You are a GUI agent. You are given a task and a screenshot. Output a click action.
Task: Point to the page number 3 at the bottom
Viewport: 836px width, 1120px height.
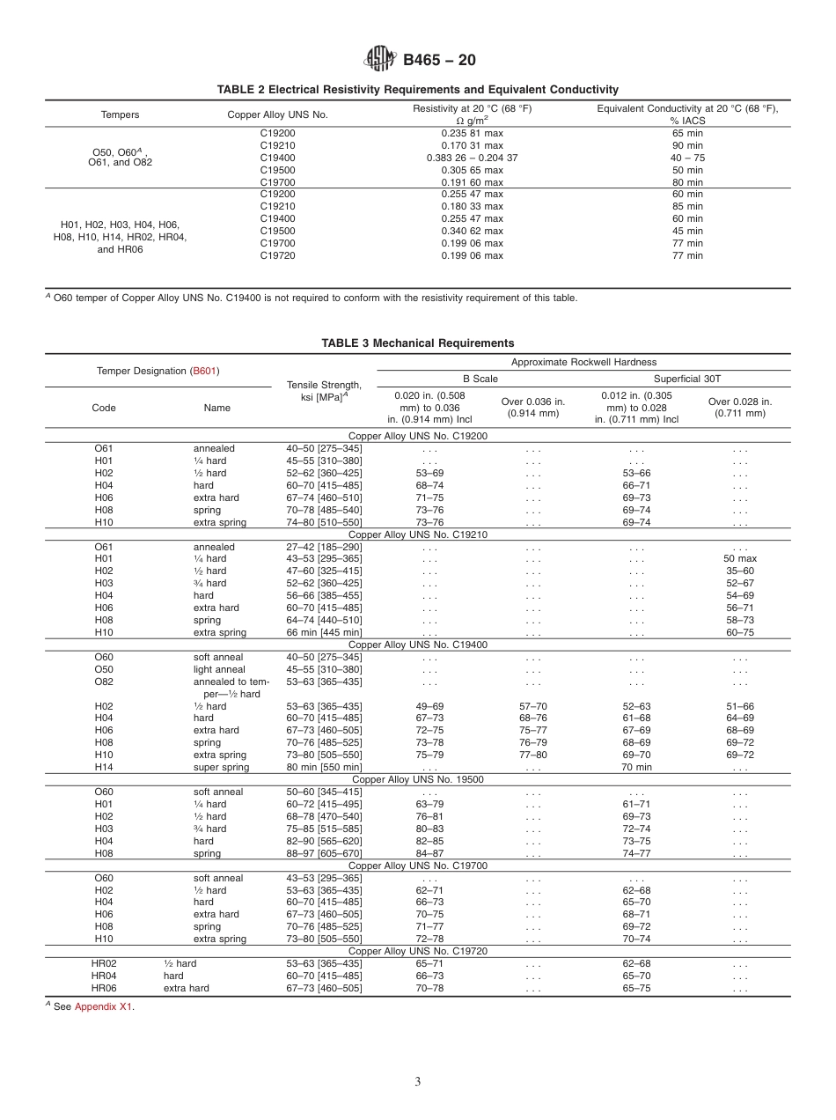pos(417,1081)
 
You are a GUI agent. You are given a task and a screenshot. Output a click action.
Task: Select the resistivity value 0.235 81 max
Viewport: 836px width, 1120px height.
pos(472,133)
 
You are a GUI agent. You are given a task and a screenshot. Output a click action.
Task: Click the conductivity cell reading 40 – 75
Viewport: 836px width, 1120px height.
pos(687,158)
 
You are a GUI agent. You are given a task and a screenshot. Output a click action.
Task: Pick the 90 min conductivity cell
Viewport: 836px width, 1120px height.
pos(687,145)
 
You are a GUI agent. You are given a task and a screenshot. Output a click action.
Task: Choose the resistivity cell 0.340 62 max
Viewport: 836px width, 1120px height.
pos(472,231)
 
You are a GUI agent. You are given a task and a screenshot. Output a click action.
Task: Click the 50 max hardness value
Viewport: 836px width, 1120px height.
pos(740,559)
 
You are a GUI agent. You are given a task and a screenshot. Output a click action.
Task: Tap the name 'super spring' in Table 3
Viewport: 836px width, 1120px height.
pos(221,767)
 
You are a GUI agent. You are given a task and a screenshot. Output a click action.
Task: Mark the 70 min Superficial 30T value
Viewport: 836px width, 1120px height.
pos(636,767)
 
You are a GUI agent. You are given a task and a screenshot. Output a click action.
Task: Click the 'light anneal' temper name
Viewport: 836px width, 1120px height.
pos(219,669)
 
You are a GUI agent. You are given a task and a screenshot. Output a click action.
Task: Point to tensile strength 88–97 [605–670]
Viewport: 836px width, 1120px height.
pos(324,853)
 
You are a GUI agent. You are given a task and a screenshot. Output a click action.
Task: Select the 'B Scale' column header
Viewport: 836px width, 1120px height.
pos(480,379)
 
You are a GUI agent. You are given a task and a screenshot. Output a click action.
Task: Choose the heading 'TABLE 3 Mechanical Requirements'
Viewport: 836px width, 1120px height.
pos(417,343)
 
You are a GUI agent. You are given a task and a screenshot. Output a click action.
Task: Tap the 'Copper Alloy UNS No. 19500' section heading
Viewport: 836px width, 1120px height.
pos(417,779)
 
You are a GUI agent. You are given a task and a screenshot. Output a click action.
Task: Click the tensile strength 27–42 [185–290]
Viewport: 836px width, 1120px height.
pos(324,547)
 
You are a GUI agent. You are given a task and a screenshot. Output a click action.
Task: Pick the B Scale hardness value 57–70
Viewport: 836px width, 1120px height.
pos(532,706)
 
